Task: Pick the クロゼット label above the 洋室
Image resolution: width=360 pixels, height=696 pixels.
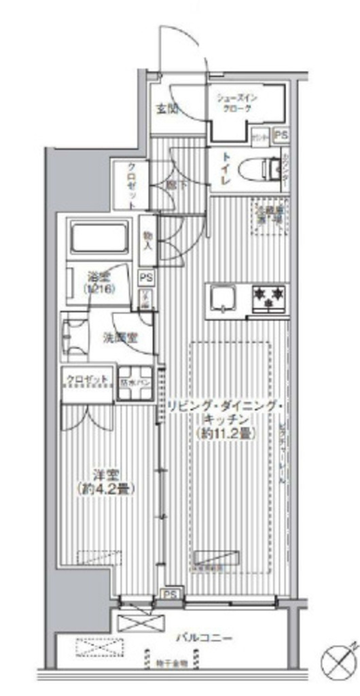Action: (x=87, y=378)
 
